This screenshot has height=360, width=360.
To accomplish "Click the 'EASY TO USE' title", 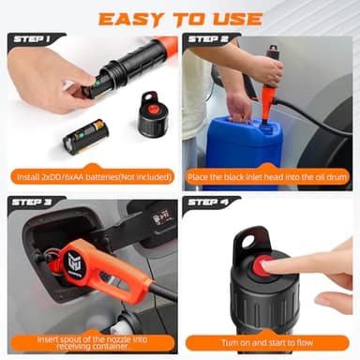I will (179, 18).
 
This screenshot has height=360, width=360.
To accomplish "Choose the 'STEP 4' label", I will (208, 201).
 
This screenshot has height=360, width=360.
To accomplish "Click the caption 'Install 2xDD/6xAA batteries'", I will (91, 174).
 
